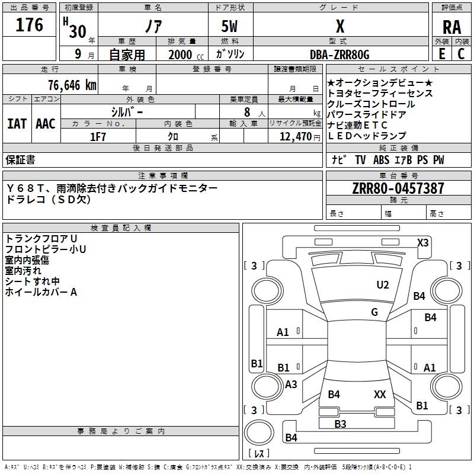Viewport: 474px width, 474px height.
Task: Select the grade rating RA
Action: point(451,27)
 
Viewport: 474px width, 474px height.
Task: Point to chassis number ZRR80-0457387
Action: point(398,189)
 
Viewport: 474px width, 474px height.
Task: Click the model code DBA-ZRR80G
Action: point(340,55)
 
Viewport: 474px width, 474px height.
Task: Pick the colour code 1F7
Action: point(98,136)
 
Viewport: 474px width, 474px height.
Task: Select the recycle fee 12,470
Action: point(294,136)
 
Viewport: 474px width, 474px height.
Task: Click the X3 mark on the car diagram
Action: point(423,242)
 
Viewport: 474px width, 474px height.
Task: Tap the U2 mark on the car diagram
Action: point(383,285)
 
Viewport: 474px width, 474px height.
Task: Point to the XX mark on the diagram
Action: point(380,394)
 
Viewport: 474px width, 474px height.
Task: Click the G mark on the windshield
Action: point(374,312)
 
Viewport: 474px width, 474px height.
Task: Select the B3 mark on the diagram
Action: point(340,424)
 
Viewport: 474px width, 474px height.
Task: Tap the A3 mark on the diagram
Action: point(291,385)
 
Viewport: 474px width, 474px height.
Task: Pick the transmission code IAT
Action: point(17,124)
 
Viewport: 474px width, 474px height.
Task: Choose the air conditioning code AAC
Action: point(45,124)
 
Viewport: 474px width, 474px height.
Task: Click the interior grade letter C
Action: point(460,53)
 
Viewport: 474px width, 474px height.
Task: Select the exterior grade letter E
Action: point(441,53)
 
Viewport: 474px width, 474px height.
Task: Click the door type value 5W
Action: point(230,27)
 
